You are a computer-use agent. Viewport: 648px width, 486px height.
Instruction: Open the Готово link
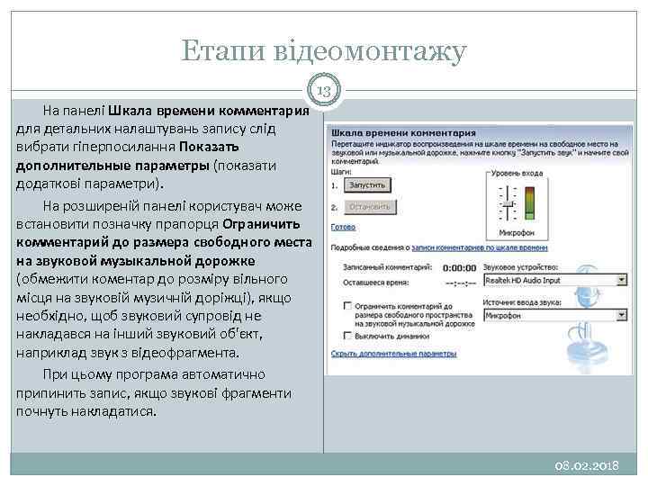point(343,227)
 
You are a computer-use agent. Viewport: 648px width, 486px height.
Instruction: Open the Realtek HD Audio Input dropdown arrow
point(622,280)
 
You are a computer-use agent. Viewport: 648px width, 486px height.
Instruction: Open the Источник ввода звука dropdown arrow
point(622,316)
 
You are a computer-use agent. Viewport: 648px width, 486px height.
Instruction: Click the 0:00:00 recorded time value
point(459,267)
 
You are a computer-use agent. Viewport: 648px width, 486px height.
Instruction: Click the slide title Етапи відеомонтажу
point(324,51)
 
